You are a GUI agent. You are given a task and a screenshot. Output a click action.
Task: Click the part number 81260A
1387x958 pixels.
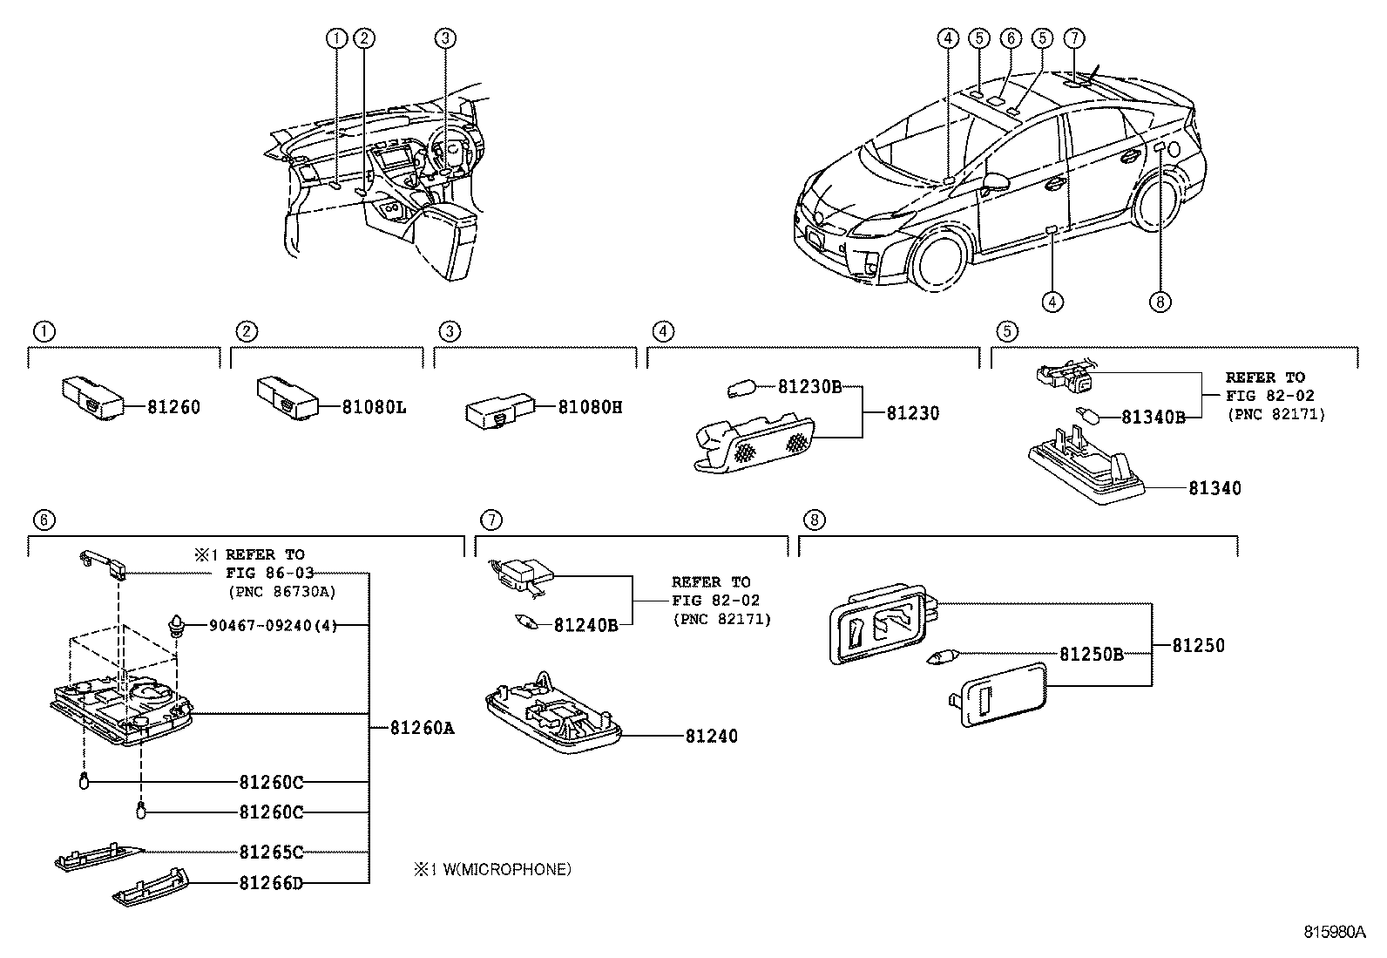[423, 727]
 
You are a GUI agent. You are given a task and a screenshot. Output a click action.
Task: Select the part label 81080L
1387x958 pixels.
[374, 407]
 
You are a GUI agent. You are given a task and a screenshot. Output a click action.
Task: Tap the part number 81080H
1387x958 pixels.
[590, 407]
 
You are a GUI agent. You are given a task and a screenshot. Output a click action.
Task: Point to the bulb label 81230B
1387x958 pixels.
[809, 387]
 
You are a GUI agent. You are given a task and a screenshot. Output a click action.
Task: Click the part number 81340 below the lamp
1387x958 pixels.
[1214, 488]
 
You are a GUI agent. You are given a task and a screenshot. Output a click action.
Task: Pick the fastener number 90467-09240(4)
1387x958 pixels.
[273, 625]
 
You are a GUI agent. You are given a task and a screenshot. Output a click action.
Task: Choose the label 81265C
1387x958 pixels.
[271, 852]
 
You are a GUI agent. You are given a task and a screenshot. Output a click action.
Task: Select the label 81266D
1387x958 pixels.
[271, 883]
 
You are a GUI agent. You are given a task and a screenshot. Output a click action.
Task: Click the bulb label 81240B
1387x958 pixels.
[585, 625]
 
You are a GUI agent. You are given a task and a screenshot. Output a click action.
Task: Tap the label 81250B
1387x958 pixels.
[1091, 655]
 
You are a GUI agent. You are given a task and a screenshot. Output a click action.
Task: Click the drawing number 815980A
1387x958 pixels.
[1335, 932]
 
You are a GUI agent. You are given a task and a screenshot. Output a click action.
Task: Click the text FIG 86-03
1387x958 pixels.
[269, 573]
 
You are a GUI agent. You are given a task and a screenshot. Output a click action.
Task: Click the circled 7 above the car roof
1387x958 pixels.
[1073, 38]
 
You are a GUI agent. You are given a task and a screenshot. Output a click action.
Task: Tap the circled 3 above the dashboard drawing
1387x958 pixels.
[444, 38]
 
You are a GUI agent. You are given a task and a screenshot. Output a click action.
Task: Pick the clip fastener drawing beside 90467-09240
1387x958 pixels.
[178, 626]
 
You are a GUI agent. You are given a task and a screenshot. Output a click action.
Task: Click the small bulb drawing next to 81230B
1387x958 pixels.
[741, 391]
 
